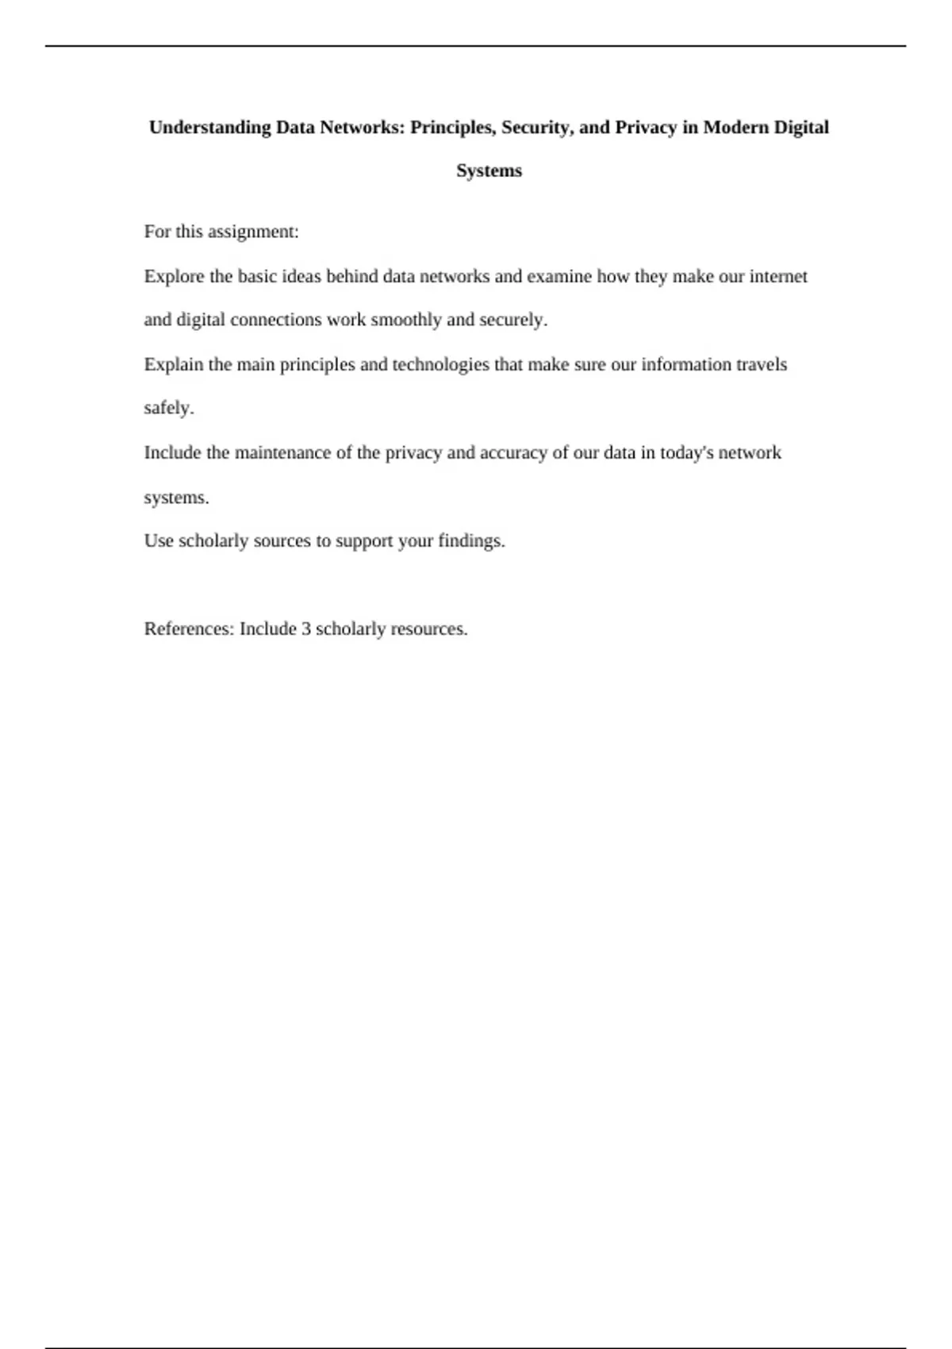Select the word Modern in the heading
[739, 128]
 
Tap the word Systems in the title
[489, 171]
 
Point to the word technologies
[440, 365]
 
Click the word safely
[168, 409]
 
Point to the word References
[189, 629]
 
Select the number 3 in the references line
[305, 629]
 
